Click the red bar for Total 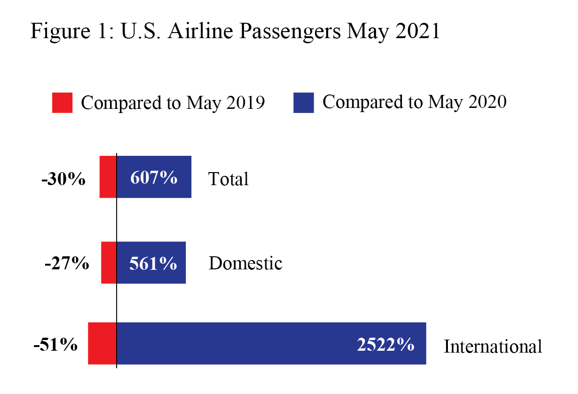click(x=108, y=177)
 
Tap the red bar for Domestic click(x=109, y=262)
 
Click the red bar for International click(x=102, y=343)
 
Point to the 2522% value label click(x=385, y=345)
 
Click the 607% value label click(x=154, y=177)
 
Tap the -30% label click(x=63, y=179)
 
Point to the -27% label click(x=66, y=264)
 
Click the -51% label click(x=55, y=345)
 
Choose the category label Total click(x=228, y=179)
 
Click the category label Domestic click(x=245, y=264)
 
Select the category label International click(x=493, y=347)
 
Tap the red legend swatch click(x=62, y=103)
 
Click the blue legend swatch click(x=303, y=103)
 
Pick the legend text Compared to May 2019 click(x=173, y=103)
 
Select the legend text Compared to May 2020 click(x=414, y=102)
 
